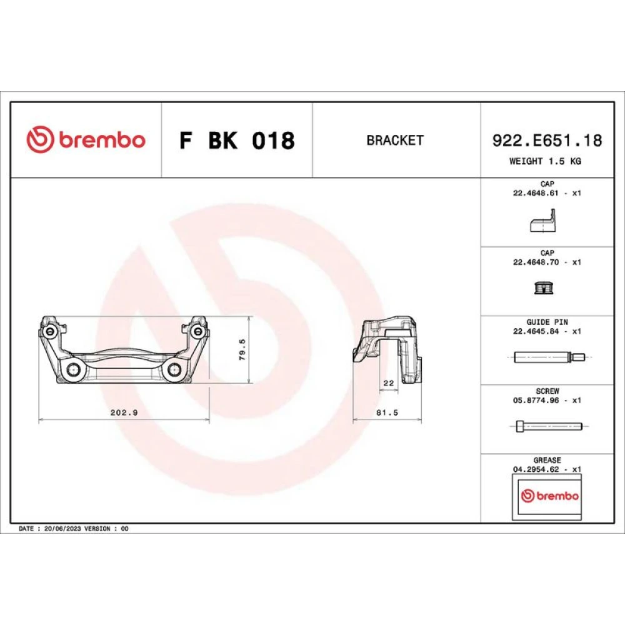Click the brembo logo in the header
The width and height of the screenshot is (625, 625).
click(x=86, y=139)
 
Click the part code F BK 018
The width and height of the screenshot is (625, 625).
click(x=237, y=140)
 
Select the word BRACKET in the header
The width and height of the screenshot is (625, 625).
click(x=395, y=140)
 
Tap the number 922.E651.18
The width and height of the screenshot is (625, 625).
click(x=547, y=140)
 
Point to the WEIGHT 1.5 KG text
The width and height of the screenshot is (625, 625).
click(x=545, y=161)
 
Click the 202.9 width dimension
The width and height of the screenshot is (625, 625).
click(x=124, y=412)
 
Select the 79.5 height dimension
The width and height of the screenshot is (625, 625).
click(x=242, y=349)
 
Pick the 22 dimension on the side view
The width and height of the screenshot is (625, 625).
click(x=389, y=383)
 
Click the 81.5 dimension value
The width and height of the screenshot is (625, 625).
click(x=387, y=412)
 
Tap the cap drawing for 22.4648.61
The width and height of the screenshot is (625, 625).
click(x=543, y=221)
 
